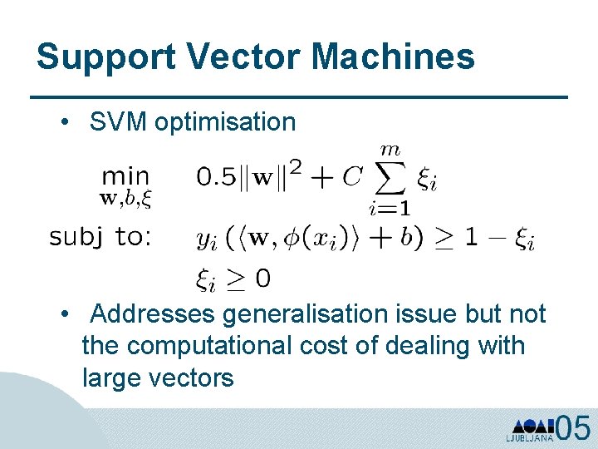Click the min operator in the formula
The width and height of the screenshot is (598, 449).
point(125,176)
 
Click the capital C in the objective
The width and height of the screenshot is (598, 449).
point(352,176)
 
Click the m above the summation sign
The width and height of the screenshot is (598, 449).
point(390,150)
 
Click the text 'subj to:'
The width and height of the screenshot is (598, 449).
point(100,237)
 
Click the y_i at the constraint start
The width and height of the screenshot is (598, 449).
point(205,239)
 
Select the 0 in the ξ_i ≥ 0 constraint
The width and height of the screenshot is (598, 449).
point(262,279)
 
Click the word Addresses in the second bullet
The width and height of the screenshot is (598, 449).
point(153,313)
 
